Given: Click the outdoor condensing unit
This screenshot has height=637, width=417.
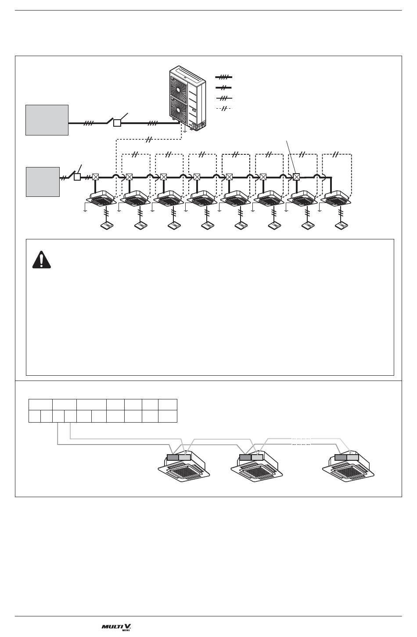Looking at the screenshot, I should tap(187, 99).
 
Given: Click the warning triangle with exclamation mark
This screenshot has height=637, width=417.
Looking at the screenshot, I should tap(42, 260).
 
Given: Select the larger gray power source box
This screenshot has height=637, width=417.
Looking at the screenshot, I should tap(47, 120).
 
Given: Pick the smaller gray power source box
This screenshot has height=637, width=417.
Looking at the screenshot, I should tap(43, 181).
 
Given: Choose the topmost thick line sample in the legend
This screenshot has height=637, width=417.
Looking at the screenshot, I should tap(223, 77).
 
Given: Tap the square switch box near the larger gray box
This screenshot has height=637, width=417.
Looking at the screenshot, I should tap(117, 123).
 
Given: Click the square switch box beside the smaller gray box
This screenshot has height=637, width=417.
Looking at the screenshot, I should tap(77, 177).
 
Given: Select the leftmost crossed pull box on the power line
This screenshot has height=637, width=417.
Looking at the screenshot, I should tap(96, 177).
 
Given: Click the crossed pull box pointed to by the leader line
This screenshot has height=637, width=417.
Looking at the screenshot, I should tap(296, 177).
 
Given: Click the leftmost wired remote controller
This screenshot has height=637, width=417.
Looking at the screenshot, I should tap(107, 226).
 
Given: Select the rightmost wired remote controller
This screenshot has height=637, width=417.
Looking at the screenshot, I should tap(341, 226).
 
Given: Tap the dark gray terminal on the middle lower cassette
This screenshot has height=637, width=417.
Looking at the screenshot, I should tap(245, 457).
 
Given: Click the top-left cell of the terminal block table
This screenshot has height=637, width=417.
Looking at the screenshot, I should tap(40, 404).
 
